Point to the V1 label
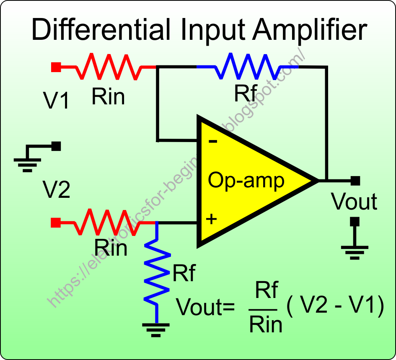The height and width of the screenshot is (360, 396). [57, 101]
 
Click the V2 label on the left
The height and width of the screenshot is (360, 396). [57, 191]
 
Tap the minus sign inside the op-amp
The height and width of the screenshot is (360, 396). [213, 141]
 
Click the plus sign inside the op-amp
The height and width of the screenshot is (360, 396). [212, 219]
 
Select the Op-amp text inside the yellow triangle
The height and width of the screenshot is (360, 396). [246, 181]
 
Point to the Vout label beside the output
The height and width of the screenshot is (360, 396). [355, 202]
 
